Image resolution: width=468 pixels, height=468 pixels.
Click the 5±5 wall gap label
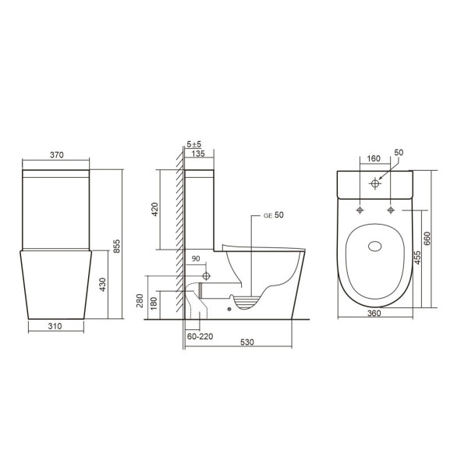(194, 145)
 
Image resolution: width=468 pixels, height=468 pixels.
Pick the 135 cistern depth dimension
(199, 154)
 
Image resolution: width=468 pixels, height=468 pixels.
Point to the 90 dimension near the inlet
(196, 259)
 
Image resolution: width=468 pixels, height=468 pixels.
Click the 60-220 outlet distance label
(200, 336)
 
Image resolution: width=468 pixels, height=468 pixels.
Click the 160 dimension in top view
(374, 158)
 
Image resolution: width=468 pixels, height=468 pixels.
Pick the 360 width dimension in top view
(374, 325)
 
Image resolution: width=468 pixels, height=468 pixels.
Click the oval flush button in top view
(374, 248)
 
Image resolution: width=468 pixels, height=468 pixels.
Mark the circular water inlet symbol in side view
(207, 276)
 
